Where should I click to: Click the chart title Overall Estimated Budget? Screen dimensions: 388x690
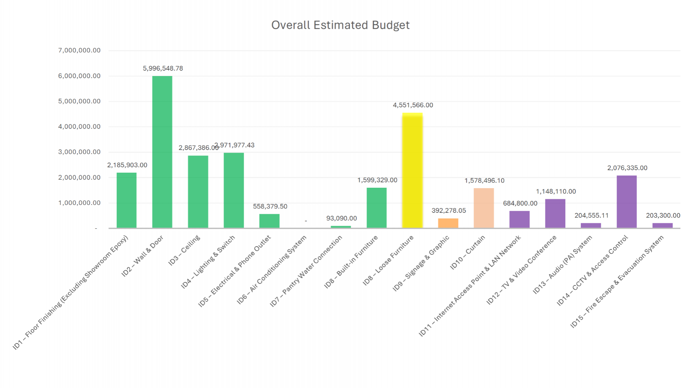pos(340,25)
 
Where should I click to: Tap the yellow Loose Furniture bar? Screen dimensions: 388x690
pos(412,170)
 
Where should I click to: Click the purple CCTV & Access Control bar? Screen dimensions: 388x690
pos(626,202)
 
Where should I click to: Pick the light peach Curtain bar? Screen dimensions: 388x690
pos(483,208)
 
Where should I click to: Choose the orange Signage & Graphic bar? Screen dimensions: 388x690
pos(448,223)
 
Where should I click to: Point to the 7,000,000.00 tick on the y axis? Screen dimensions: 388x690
pos(79,51)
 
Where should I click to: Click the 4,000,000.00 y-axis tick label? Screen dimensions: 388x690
pos(79,127)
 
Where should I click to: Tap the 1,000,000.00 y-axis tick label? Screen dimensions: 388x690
pos(79,203)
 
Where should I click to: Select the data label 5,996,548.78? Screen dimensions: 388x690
pos(163,69)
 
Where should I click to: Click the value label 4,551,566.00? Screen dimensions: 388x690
pos(413,105)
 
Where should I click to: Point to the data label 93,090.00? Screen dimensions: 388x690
pos(341,218)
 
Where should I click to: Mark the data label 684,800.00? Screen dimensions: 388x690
pos(520,204)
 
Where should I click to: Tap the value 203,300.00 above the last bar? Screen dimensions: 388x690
pos(663,216)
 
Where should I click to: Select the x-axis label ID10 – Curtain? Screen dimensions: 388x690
pos(468,252)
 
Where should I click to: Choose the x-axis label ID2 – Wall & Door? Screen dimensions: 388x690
pos(143,256)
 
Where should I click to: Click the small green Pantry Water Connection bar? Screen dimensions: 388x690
pos(341,227)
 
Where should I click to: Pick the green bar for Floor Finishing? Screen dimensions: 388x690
pos(126,200)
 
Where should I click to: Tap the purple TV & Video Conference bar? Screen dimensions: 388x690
pos(555,214)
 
